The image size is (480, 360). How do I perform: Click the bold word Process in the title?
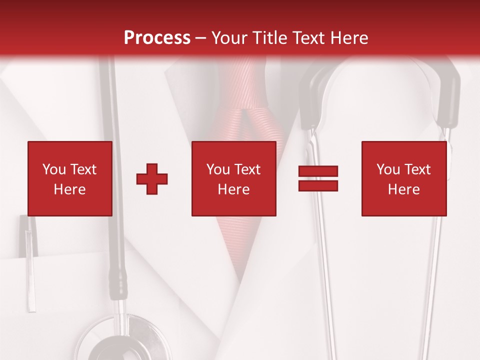click(x=157, y=37)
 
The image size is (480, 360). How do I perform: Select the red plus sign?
click(x=152, y=178)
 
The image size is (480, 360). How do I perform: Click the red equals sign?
click(x=318, y=178)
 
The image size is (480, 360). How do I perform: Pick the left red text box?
click(x=70, y=178)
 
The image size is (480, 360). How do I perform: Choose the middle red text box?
click(x=234, y=178)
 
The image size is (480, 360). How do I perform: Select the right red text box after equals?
click(x=404, y=178)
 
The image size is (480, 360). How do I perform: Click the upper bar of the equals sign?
click(x=318, y=171)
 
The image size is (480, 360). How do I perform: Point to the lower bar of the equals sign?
click(x=318, y=185)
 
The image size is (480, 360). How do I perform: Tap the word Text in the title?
click(x=309, y=37)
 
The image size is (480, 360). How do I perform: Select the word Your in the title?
click(x=228, y=37)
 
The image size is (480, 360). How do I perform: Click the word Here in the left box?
click(x=70, y=189)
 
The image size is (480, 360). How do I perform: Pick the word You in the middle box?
click(x=218, y=169)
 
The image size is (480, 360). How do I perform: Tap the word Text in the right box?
click(x=418, y=169)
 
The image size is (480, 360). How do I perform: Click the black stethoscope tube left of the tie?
click(x=115, y=200)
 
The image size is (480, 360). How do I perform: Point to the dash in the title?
click(x=200, y=38)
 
